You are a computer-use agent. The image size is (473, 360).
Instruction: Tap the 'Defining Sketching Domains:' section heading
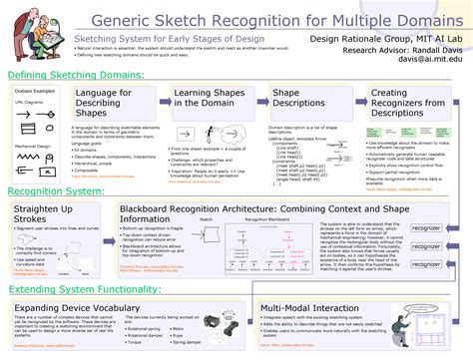pos(76,76)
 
